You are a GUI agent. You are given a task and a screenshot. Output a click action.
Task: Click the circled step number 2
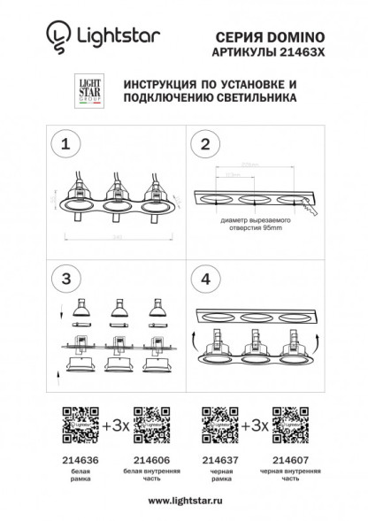[x=205, y=144]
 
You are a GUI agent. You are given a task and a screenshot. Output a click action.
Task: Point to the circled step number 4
[x=205, y=278]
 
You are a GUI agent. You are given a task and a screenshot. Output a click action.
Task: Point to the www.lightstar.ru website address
[x=184, y=501]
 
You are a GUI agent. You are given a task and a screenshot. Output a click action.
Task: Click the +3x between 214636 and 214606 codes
[x=116, y=424]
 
